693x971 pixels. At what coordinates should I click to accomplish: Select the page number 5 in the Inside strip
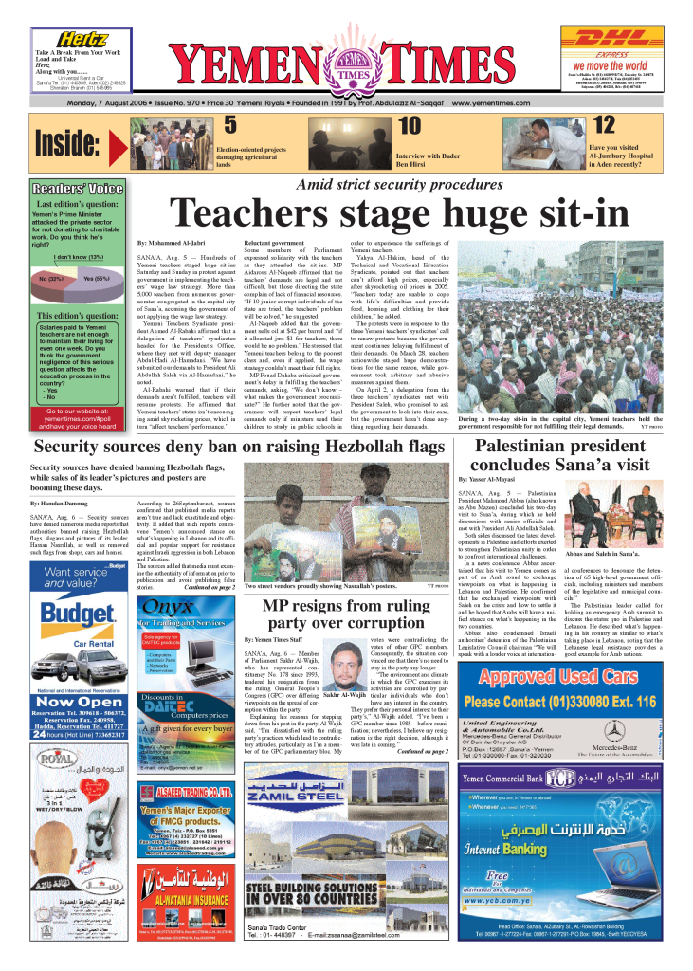(x=229, y=126)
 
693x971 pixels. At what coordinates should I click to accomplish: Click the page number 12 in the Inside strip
(x=604, y=126)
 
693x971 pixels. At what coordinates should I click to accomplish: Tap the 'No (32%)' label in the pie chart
(x=51, y=280)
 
